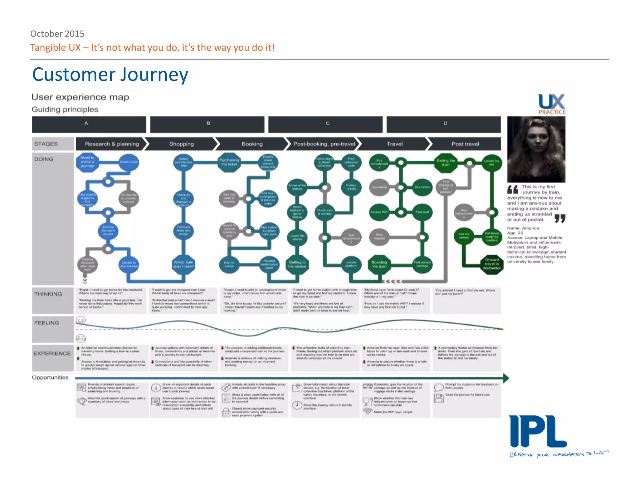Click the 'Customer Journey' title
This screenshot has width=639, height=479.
(110, 75)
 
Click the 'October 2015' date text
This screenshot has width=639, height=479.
(57, 33)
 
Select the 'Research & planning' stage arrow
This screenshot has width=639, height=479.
(112, 144)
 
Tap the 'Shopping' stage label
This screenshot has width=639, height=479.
(182, 144)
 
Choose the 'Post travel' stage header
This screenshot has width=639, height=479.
(465, 144)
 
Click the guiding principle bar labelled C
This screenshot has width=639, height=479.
(325, 124)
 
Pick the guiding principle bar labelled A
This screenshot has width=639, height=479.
(89, 124)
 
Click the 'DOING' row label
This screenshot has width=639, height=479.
(44, 159)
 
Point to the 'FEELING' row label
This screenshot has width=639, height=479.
(47, 323)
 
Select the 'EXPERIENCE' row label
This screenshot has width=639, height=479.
(52, 353)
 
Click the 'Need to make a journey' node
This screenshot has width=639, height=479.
(87, 162)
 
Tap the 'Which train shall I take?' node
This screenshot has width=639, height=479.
(183, 264)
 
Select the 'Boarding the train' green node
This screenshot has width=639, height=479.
(379, 264)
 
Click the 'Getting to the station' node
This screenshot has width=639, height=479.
(297, 264)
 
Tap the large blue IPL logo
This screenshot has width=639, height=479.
(538, 432)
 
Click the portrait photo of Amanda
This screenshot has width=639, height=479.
(536, 149)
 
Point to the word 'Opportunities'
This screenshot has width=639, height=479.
(50, 377)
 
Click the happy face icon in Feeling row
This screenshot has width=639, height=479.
(81, 320)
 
